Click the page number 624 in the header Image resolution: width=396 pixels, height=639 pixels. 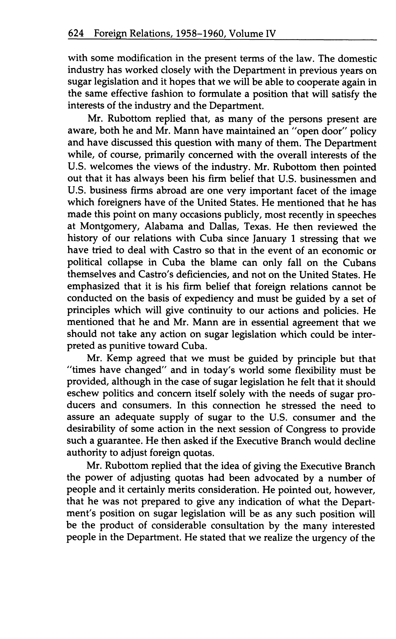click(76, 34)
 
